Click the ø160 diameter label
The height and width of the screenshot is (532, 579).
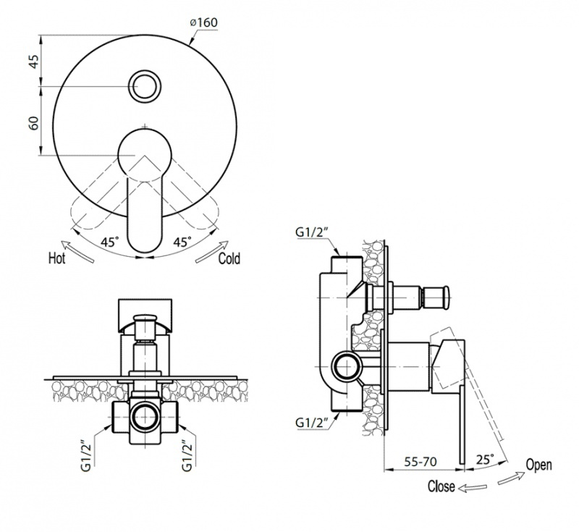[203, 22]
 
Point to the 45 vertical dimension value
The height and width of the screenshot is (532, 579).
[33, 61]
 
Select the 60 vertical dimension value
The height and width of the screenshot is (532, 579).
[33, 123]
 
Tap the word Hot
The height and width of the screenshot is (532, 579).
[57, 258]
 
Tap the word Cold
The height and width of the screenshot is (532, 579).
[229, 258]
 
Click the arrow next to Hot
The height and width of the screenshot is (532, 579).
[77, 251]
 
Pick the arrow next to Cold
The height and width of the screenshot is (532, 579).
[212, 251]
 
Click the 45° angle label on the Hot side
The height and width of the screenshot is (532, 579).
[110, 242]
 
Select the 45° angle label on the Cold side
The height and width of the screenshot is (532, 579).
[183, 242]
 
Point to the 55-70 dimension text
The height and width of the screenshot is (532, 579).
[420, 461]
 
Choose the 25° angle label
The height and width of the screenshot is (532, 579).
[485, 460]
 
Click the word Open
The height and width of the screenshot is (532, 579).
[538, 465]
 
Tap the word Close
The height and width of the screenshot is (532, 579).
[441, 486]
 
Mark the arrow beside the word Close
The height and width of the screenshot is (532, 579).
[473, 488]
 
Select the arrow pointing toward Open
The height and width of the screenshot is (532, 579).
[511, 478]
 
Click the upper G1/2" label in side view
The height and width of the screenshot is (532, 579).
[312, 232]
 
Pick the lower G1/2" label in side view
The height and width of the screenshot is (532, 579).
[312, 423]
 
